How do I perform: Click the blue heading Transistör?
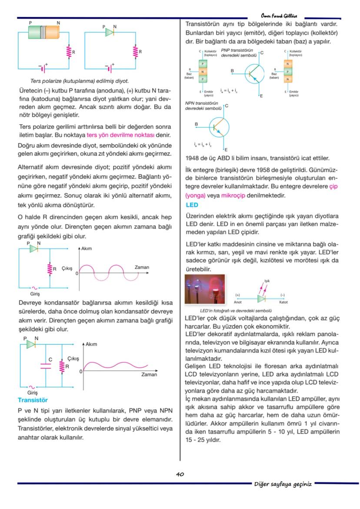(33, 399)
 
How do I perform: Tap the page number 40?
(180, 474)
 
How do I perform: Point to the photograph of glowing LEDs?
(205, 289)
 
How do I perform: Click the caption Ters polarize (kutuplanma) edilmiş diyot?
(79, 81)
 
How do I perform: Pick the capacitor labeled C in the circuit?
(46, 365)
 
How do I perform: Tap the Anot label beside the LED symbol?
(238, 301)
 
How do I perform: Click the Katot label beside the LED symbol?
(283, 301)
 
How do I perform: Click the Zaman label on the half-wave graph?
(142, 267)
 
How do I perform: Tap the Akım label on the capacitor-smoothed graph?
(91, 344)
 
